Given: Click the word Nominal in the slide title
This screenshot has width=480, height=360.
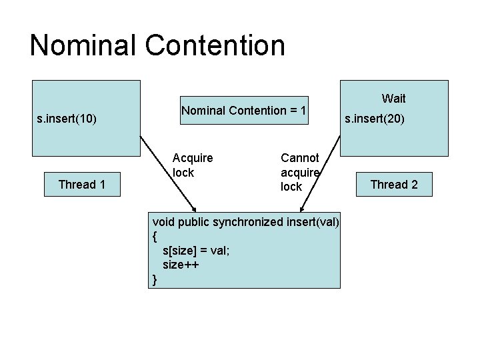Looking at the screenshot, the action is tap(83, 45).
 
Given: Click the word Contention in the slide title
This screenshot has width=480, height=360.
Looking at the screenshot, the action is tap(215, 45).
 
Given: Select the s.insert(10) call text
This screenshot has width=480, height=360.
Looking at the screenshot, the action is tap(67, 119).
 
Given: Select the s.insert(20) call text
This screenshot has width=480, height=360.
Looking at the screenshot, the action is tap(375, 119).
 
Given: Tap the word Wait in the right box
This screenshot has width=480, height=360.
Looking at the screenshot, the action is tap(394, 99).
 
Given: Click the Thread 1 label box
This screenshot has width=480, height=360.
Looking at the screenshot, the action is tap(82, 184).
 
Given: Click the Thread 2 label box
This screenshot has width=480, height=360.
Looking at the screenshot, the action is tap(394, 184).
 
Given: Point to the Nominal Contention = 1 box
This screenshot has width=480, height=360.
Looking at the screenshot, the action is tap(244, 110).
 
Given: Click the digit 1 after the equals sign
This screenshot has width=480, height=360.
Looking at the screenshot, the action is tap(303, 110).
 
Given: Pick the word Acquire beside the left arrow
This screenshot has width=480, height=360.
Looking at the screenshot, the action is tap(193, 158).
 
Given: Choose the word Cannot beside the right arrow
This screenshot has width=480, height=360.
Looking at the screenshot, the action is tap(300, 158).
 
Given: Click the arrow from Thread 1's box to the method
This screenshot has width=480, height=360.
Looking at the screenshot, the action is tap(168, 174).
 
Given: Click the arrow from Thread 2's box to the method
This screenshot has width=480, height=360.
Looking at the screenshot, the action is tap(320, 174).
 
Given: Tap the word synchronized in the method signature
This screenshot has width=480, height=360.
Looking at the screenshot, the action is tap(248, 222).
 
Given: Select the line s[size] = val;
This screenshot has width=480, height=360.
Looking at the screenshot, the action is tap(196, 251).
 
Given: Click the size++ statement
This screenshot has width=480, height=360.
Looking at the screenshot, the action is tap(181, 265).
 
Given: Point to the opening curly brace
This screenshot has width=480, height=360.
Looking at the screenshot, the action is tap(155, 237).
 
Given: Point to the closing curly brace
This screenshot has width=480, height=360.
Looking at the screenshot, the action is tap(155, 280).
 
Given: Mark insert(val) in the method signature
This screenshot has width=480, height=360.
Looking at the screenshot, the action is tap(313, 222).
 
